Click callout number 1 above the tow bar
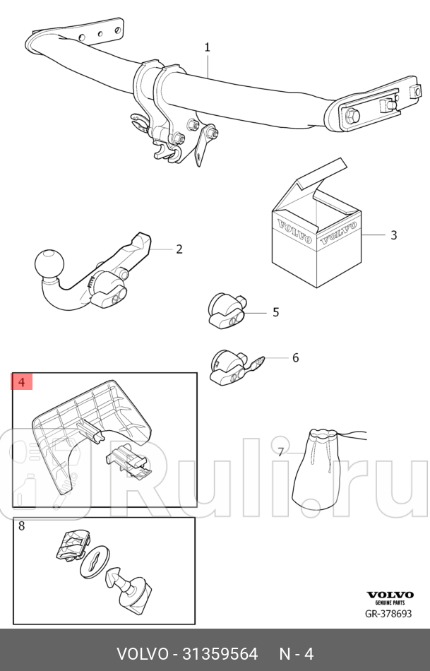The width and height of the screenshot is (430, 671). pos(207,47)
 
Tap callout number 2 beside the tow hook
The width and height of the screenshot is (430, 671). pos(179,249)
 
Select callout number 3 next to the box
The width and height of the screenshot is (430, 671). pos(393,235)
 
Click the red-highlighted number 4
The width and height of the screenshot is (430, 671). pos(22,381)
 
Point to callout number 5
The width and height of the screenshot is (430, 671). pos(275,312)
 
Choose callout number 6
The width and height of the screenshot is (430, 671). pos(295,357)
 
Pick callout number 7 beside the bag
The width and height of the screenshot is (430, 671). pos(281,452)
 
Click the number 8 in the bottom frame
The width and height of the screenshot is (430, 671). pos(22,525)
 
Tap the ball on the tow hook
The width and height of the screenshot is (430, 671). pos(49,263)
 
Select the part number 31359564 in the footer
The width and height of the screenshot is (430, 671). pos(220,653)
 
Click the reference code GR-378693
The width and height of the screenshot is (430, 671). pos(388,614)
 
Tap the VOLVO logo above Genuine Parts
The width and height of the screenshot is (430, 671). pos(390,595)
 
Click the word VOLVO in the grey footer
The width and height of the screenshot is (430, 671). pos(143,653)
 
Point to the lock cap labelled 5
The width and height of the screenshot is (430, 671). pos(227,311)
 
